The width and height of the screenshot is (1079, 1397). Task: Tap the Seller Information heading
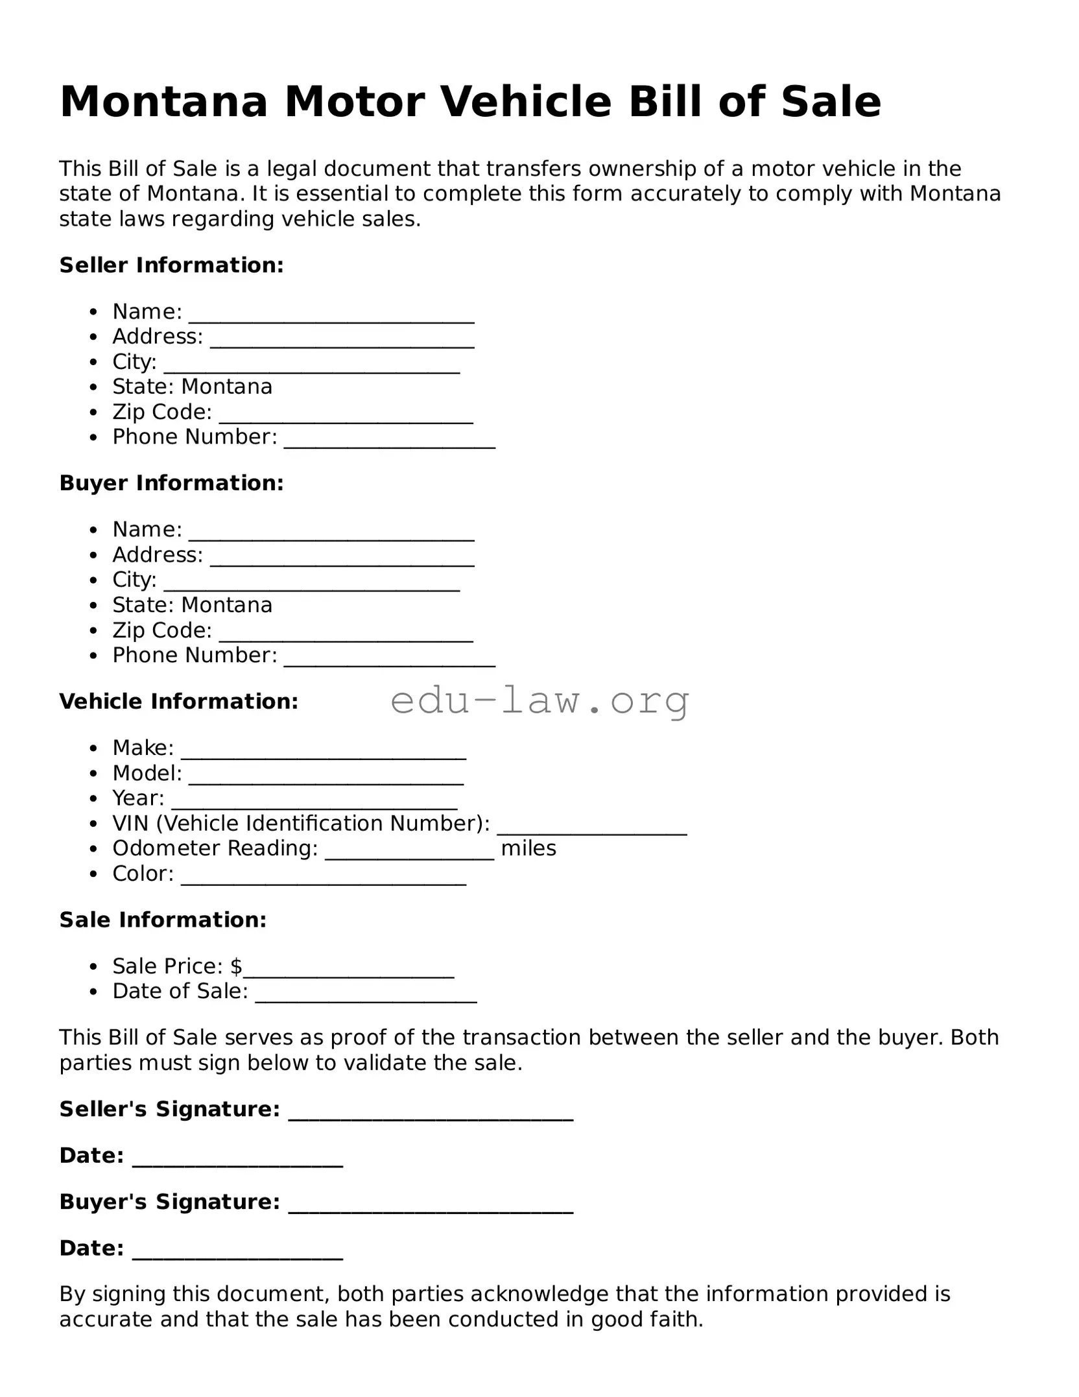[171, 265]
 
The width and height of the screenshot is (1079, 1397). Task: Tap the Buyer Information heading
[171, 483]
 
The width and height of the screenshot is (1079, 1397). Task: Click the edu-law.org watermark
[539, 701]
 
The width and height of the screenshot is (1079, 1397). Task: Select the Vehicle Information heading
[178, 702]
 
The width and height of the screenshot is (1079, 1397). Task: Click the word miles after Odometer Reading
[528, 848]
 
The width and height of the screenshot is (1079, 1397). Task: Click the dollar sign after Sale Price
[236, 966]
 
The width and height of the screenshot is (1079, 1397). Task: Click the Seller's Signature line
[430, 1116]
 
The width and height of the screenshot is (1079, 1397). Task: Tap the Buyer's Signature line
[430, 1208]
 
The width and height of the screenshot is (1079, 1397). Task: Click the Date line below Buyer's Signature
[237, 1254]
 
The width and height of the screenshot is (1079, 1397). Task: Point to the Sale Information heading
[163, 920]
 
